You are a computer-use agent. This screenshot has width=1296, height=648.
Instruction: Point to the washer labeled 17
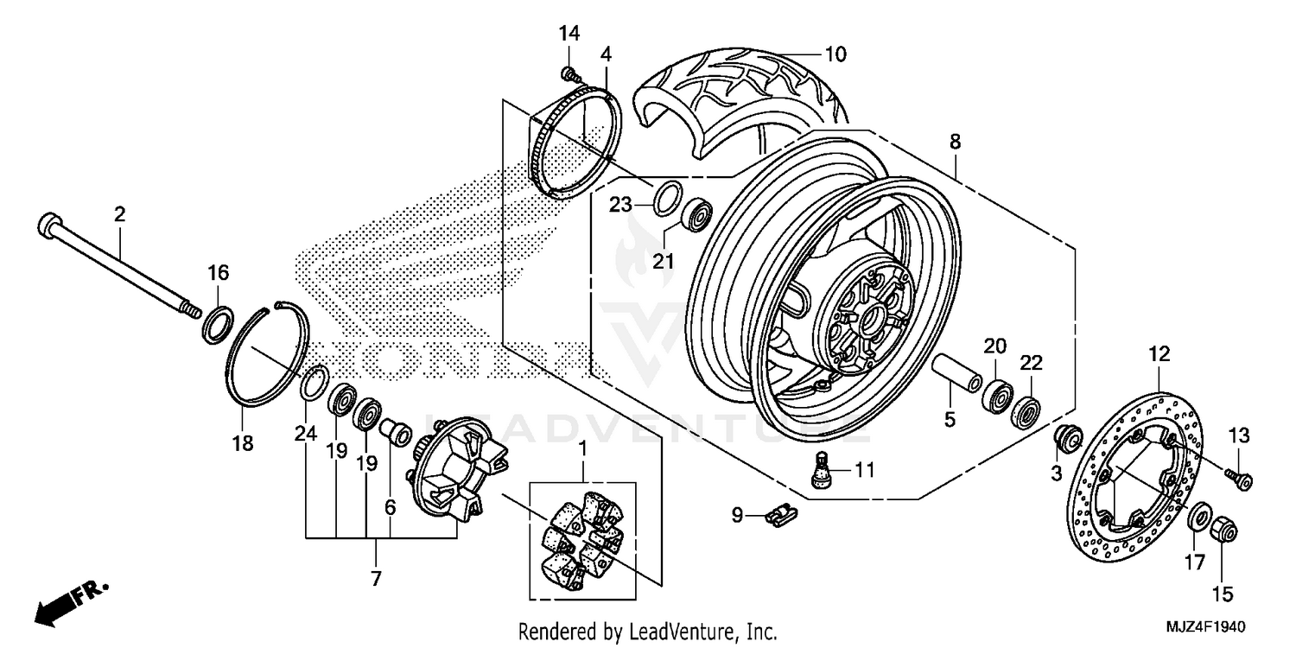click(1200, 518)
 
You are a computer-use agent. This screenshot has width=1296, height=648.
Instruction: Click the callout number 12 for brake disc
click(1159, 353)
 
